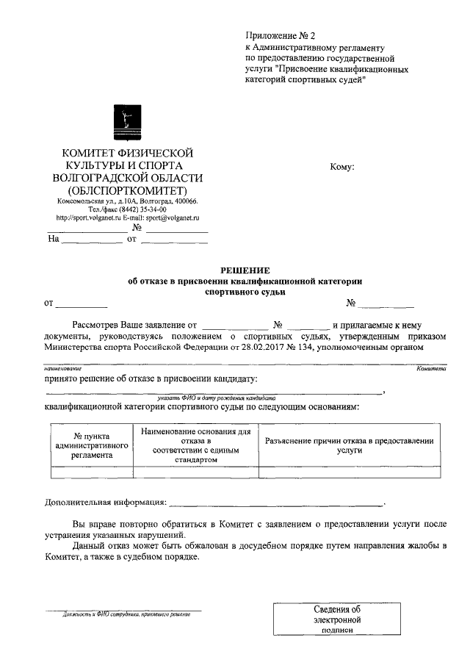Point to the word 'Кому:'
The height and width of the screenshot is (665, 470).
coord(342,167)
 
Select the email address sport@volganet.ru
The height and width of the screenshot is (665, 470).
coord(176,218)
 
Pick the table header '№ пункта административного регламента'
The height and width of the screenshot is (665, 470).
coord(88,446)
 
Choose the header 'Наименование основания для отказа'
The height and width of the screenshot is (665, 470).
coord(195,445)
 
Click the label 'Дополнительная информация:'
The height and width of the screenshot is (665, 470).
coord(105,503)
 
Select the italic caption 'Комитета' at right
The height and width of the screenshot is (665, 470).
coord(431,367)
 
